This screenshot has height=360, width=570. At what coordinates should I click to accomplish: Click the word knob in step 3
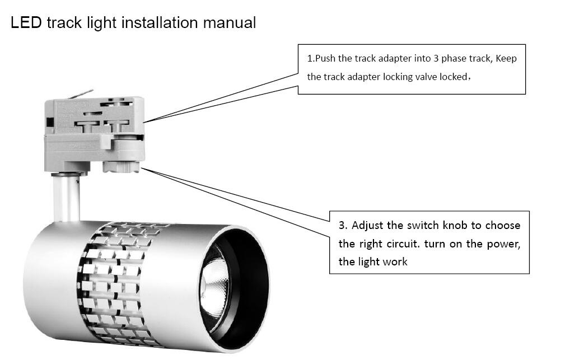click(x=454, y=226)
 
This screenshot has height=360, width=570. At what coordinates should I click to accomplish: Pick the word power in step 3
click(x=504, y=244)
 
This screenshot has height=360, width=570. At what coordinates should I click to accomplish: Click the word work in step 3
click(x=395, y=261)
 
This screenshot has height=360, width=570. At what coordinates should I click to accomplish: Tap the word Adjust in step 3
click(x=368, y=226)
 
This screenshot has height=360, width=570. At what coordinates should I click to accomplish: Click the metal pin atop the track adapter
click(x=84, y=92)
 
